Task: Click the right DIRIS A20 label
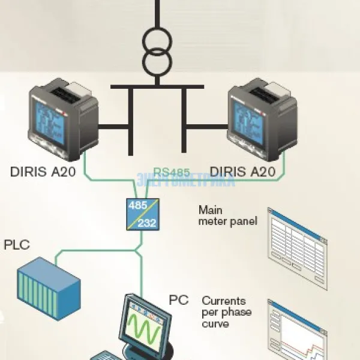pyautogui.click(x=243, y=172)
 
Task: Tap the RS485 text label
pyautogui.click(x=172, y=172)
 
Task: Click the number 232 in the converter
pyautogui.click(x=148, y=223)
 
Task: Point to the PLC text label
pyautogui.click(x=17, y=245)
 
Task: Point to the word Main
pyautogui.click(x=209, y=211)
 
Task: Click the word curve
pyautogui.click(x=215, y=324)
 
